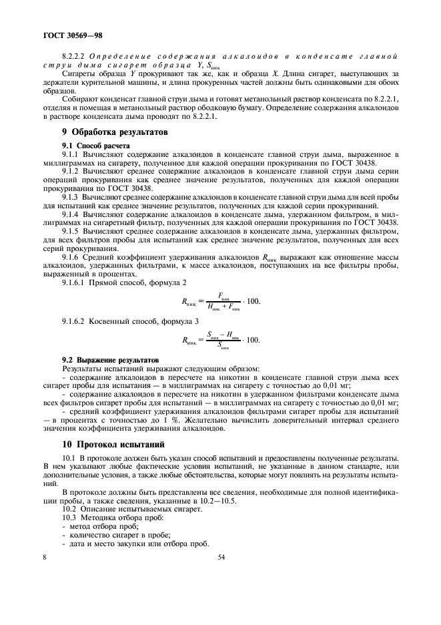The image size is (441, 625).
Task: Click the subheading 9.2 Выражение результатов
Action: point(105,359)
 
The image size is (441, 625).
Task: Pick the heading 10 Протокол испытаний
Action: point(113,443)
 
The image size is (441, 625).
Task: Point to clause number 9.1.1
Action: point(71,153)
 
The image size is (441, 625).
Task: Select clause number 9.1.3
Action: point(71,197)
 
